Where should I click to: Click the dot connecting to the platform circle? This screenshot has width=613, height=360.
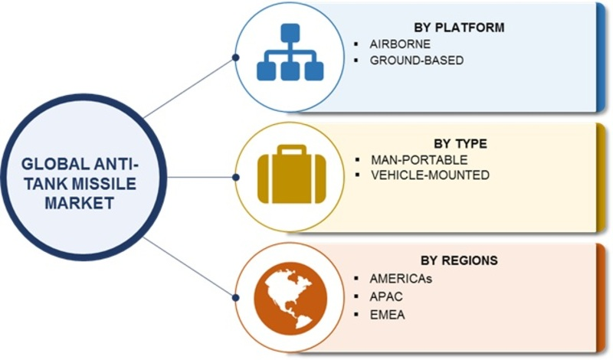(x=235, y=57)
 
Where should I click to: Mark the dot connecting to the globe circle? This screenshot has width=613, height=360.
(x=235, y=296)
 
